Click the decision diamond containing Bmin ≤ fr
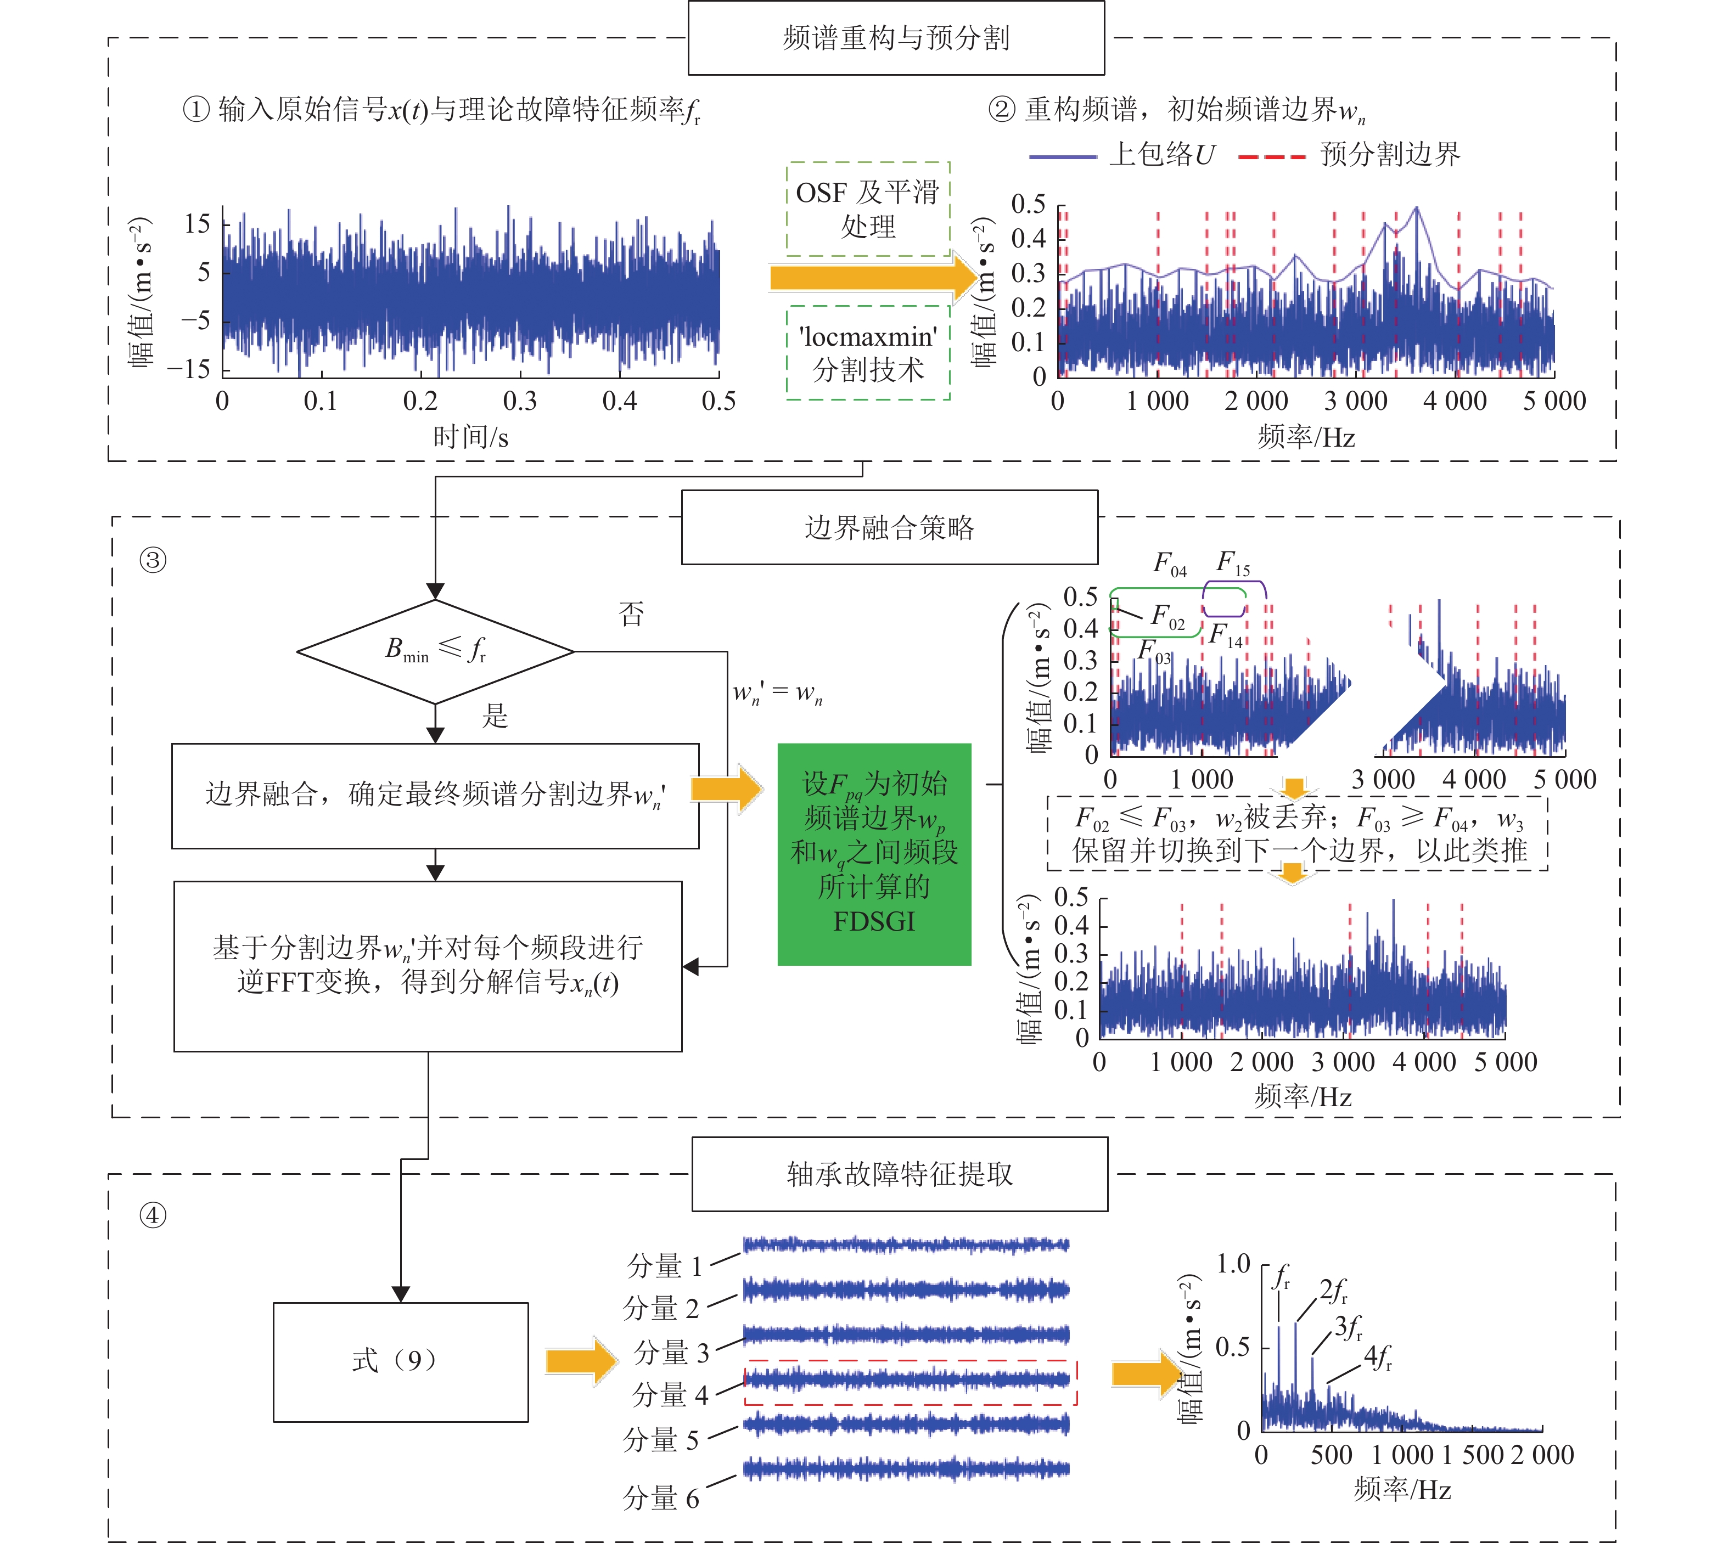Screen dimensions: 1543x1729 pos(435,651)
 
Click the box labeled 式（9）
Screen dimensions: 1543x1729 pos(400,1361)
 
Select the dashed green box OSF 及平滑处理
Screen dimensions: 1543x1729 pos(867,209)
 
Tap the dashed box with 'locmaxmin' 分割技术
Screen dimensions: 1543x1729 pos(867,353)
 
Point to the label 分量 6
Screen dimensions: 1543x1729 pos(661,1498)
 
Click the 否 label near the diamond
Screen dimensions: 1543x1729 pos(631,613)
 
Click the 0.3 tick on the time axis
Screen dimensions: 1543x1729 pos(520,401)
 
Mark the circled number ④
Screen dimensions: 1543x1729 pos(153,1216)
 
